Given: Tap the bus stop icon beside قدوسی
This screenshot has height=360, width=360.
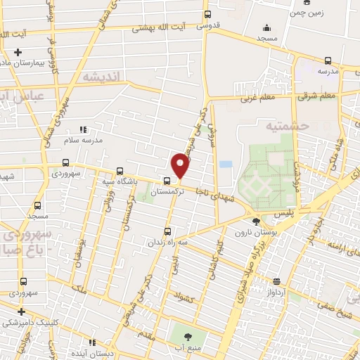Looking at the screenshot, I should click(x=207, y=14).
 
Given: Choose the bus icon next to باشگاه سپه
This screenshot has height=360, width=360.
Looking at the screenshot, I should click(x=120, y=171).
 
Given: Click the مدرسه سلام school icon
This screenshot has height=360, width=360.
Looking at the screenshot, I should click(x=83, y=129).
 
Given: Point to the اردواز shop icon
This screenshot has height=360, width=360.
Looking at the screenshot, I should click(x=278, y=279).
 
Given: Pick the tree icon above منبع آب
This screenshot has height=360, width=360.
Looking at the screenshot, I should click(x=190, y=332).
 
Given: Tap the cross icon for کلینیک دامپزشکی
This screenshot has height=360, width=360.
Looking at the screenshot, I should click(x=21, y=311).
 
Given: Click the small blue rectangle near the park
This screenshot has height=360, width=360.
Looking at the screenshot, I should click(x=225, y=165).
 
